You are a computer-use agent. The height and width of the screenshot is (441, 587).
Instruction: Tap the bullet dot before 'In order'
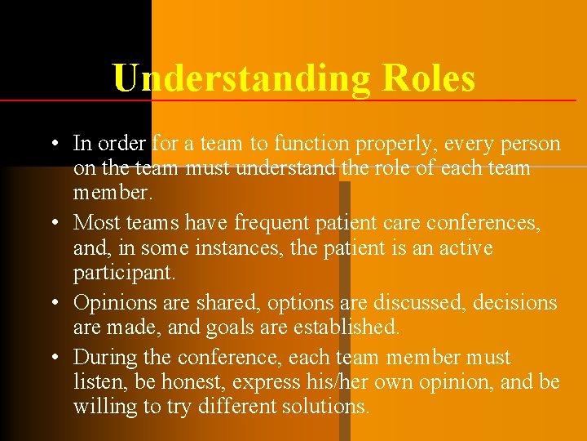(51, 145)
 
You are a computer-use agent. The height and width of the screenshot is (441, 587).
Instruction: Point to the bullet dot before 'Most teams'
(51, 223)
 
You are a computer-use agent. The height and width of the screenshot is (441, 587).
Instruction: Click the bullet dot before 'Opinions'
(51, 303)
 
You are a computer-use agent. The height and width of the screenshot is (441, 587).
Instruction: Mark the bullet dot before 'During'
(51, 358)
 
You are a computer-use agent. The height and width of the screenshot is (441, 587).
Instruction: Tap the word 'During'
(101, 358)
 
